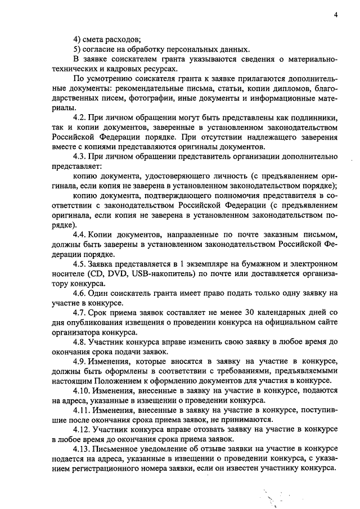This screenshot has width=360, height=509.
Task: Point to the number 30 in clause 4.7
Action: pos(249,313)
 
